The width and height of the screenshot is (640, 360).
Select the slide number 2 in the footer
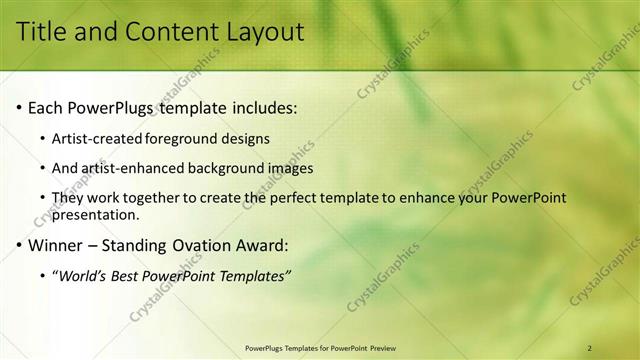click(x=590, y=348)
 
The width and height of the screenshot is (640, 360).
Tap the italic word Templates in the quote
click(x=250, y=276)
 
